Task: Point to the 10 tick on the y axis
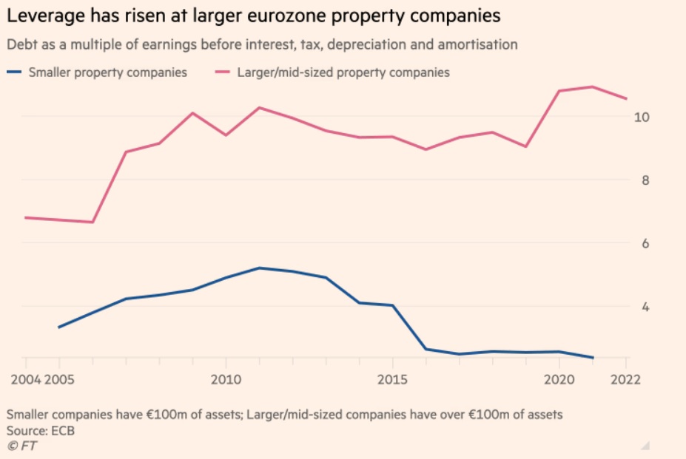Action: pyautogui.click(x=642, y=118)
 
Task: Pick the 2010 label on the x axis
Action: pyautogui.click(x=225, y=378)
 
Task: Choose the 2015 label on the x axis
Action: pyautogui.click(x=392, y=378)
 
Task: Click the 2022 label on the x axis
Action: pyautogui.click(x=625, y=378)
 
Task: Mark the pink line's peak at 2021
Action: pyautogui.click(x=592, y=86)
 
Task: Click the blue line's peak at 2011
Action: pyautogui.click(x=258, y=268)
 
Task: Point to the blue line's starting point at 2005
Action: pyautogui.click(x=58, y=327)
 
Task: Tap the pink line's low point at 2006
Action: pyautogui.click(x=93, y=222)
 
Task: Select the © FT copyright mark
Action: pyautogui.click(x=21, y=446)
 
